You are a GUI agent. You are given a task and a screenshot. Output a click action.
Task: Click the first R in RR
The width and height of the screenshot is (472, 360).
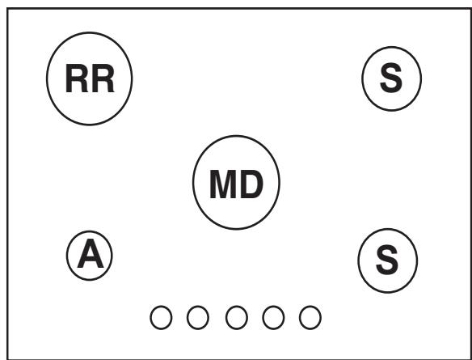(x=77, y=78)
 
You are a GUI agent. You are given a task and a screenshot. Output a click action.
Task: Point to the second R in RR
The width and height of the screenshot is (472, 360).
(x=103, y=78)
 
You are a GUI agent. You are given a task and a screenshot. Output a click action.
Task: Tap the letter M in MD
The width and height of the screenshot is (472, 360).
(x=223, y=184)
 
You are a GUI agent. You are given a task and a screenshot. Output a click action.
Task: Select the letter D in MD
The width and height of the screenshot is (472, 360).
(x=251, y=184)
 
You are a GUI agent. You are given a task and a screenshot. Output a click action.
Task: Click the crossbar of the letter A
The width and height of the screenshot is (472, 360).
(x=91, y=260)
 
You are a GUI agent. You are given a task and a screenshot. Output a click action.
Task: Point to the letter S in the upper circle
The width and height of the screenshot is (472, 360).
(x=391, y=78)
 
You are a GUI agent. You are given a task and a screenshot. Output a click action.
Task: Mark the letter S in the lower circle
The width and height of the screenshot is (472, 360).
(x=387, y=260)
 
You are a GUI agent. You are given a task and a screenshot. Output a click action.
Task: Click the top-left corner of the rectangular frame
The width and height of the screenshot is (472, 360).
(x=7, y=9)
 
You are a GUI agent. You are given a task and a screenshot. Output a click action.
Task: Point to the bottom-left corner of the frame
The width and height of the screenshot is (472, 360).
(x=7, y=359)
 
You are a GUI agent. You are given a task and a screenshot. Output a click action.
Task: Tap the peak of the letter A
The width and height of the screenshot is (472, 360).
(x=91, y=239)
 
